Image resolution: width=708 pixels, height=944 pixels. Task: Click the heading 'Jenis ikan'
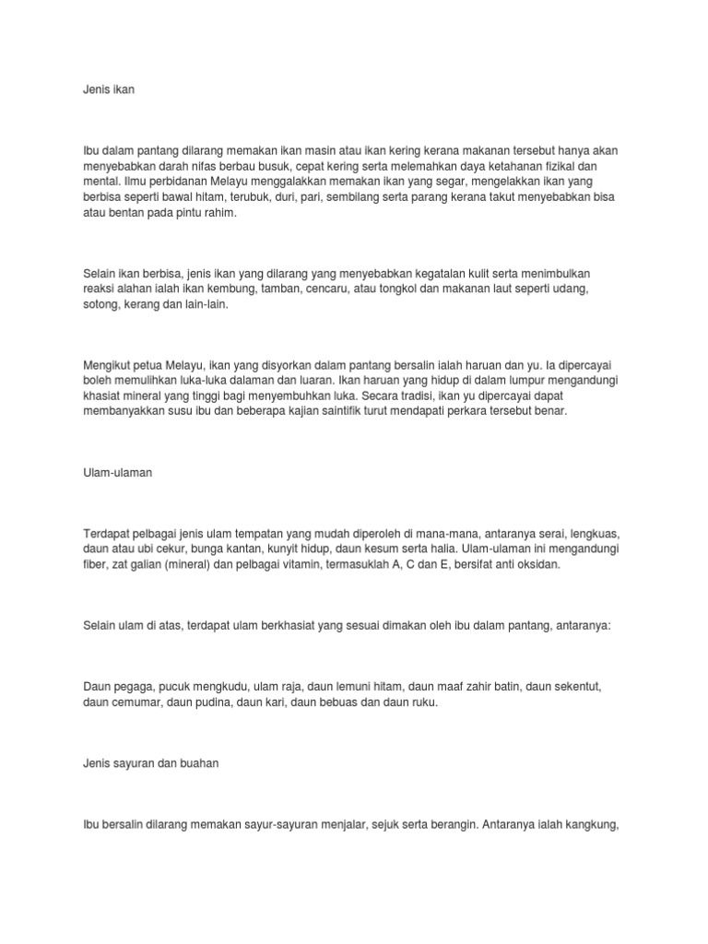tap(108, 92)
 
